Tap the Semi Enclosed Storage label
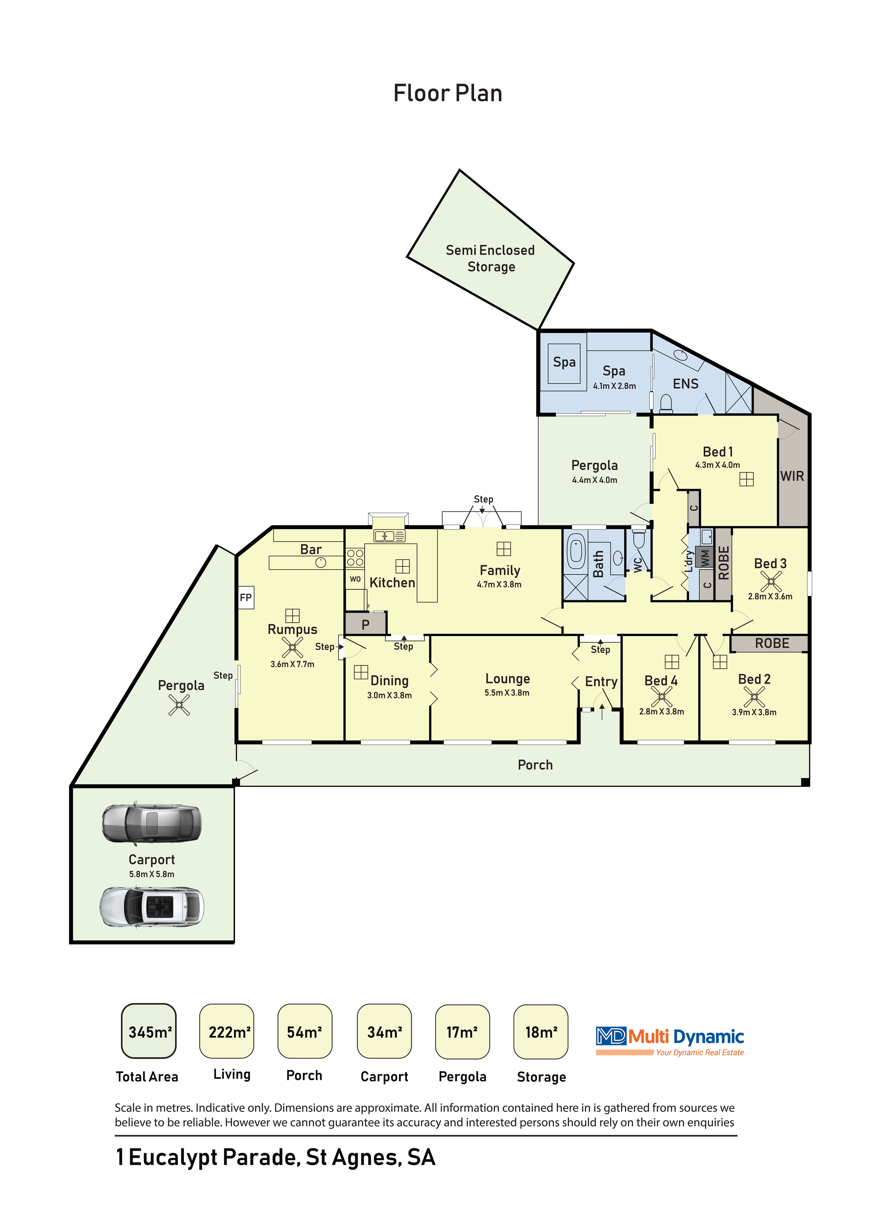(490, 258)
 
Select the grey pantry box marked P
(366, 624)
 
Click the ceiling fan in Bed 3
(771, 582)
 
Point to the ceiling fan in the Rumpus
(292, 647)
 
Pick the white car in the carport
(152, 907)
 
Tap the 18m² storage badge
(541, 1031)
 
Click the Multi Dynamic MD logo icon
(611, 1036)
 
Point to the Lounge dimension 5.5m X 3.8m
(507, 693)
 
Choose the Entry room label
(602, 682)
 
